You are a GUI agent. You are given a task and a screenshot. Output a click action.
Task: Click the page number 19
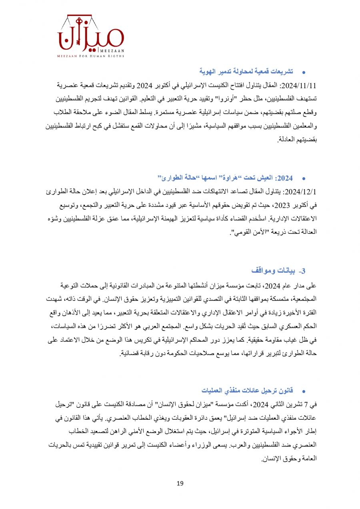click(180, 483)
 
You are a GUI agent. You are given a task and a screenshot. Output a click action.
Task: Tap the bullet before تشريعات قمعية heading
click(303, 72)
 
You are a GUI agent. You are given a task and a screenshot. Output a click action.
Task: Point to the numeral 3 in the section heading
click(303, 271)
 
